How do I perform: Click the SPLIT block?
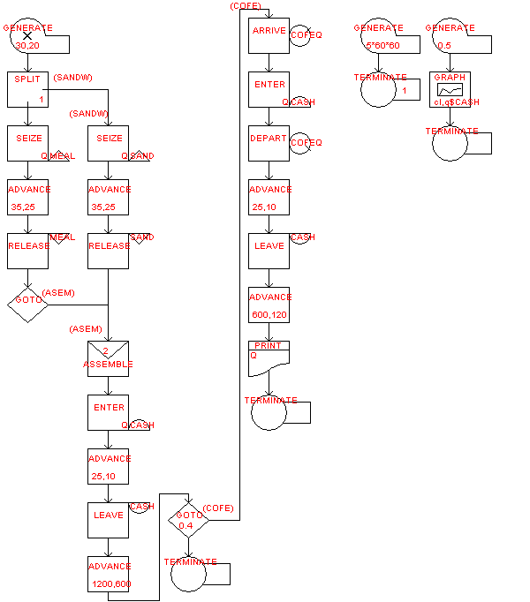click(27, 89)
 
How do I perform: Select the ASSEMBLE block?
click(108, 358)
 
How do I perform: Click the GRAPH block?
click(451, 90)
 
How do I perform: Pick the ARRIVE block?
click(269, 35)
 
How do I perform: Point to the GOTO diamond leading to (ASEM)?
click(27, 302)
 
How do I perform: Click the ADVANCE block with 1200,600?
click(108, 575)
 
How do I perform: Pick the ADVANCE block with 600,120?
click(269, 305)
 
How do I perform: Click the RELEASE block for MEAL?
click(27, 251)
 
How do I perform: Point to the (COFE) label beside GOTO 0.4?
click(217, 508)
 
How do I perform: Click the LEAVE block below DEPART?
click(269, 251)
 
